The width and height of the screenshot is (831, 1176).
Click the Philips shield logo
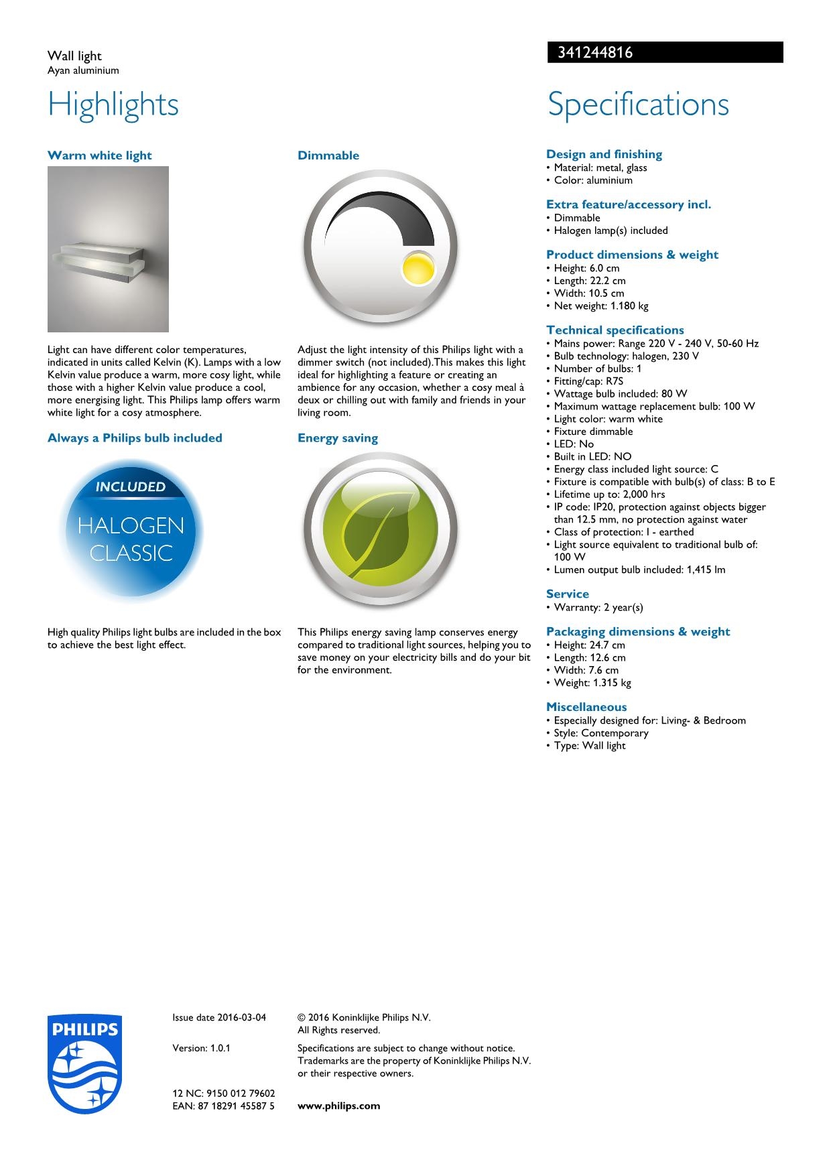(x=84, y=1063)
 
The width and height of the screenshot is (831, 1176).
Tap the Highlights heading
(x=113, y=105)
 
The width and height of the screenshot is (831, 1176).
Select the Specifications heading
(x=638, y=105)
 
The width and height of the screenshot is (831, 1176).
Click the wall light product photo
(x=108, y=249)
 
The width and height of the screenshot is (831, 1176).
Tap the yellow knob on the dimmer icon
(x=417, y=268)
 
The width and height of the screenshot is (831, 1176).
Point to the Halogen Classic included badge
(x=131, y=530)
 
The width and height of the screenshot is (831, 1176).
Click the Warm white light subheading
(x=100, y=155)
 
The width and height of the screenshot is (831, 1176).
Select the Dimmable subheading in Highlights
(x=328, y=155)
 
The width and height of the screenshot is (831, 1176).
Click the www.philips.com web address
(x=338, y=1106)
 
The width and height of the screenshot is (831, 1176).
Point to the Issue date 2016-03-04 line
(x=219, y=1017)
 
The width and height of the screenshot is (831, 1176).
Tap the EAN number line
(x=223, y=1106)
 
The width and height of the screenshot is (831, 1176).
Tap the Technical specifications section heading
(x=615, y=330)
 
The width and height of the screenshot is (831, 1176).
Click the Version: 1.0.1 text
(x=201, y=1048)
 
